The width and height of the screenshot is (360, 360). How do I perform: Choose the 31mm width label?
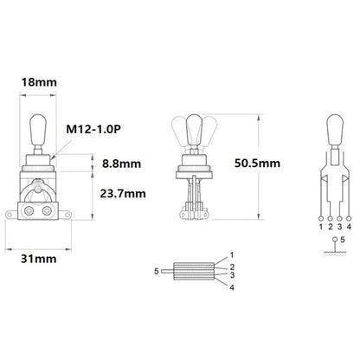pyautogui.click(x=37, y=259)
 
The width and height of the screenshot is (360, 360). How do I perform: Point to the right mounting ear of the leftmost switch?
pyautogui.click(x=64, y=208)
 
